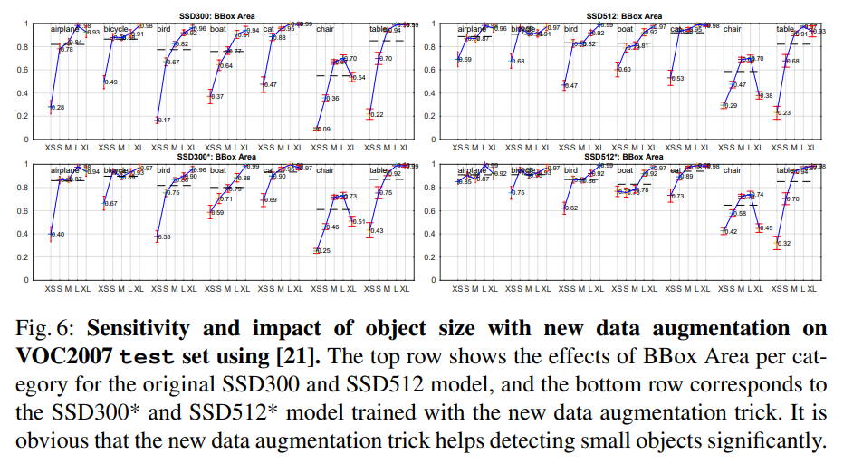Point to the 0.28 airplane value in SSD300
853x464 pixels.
58,108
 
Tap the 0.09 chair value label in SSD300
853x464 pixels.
323,130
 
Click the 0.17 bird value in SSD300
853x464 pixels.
164,121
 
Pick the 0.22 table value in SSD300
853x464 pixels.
377,115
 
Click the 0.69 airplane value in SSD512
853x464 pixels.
465,60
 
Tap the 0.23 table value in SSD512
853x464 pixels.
784,113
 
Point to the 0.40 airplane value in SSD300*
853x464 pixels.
58,235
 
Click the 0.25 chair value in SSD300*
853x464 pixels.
323,251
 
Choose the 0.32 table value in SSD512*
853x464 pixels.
784,244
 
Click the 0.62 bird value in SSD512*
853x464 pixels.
570,208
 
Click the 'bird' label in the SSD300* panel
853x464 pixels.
163,169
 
